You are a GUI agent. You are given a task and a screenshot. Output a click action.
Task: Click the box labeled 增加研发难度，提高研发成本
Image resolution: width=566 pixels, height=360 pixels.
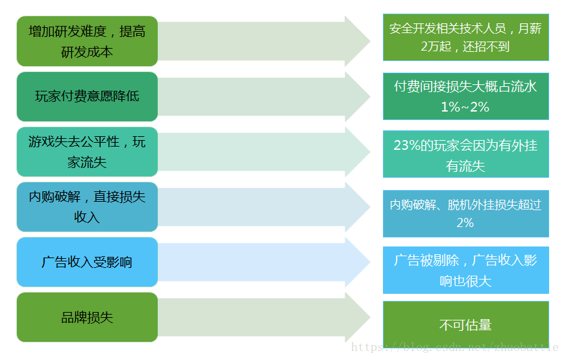coord(87,42)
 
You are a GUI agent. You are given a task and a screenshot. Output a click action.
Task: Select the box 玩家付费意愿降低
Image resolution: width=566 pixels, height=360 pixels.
coord(87,97)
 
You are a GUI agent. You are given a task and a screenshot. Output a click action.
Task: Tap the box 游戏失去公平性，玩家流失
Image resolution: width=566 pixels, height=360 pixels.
coord(87,152)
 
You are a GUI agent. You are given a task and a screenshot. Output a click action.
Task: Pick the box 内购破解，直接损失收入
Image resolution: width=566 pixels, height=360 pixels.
coord(87,207)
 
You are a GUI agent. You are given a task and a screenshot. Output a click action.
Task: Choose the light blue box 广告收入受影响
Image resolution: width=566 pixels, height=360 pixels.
coord(87,262)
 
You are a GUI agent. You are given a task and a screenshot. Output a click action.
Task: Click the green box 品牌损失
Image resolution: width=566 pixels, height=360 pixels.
coord(87,317)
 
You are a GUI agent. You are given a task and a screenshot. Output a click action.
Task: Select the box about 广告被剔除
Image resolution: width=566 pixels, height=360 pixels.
coord(465,270)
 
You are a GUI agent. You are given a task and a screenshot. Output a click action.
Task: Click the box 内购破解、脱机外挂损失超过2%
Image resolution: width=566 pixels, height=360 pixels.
coord(465,213)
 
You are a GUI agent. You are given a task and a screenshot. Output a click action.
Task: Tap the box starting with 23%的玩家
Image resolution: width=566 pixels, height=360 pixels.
coord(465,154)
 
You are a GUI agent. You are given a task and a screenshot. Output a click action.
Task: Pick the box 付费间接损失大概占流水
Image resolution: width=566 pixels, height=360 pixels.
coord(465,96)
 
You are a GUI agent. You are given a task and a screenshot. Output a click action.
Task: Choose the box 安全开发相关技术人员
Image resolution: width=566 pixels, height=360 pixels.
coord(465,37)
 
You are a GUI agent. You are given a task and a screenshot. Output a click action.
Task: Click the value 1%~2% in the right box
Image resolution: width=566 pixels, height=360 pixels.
coord(465,106)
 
